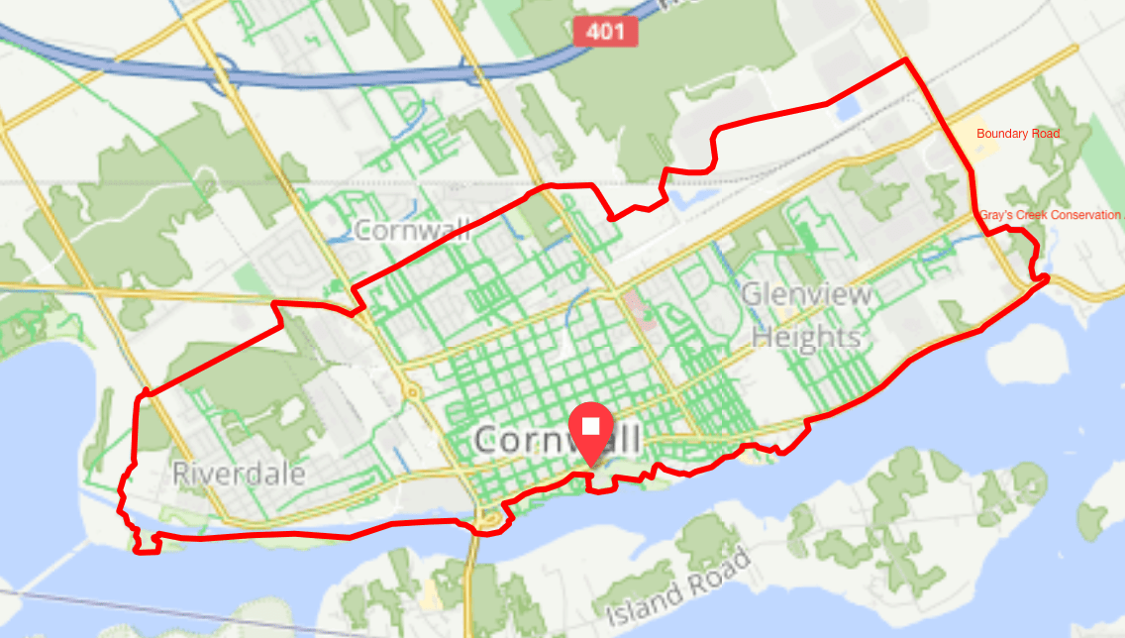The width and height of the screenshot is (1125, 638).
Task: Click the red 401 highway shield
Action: click(x=604, y=32)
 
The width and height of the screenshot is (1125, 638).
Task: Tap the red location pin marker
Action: click(x=591, y=434)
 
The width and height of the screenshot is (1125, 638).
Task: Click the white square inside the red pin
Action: click(x=591, y=426)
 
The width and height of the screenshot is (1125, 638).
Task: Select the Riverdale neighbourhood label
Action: click(x=239, y=474)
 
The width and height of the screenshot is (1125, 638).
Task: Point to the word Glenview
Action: click(x=807, y=294)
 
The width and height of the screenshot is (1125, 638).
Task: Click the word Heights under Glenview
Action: click(x=806, y=337)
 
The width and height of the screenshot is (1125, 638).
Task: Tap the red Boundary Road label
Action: click(x=1017, y=134)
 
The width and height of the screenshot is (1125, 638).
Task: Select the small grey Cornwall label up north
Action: click(x=410, y=231)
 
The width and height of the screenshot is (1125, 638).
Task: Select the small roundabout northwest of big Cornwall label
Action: click(x=411, y=391)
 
